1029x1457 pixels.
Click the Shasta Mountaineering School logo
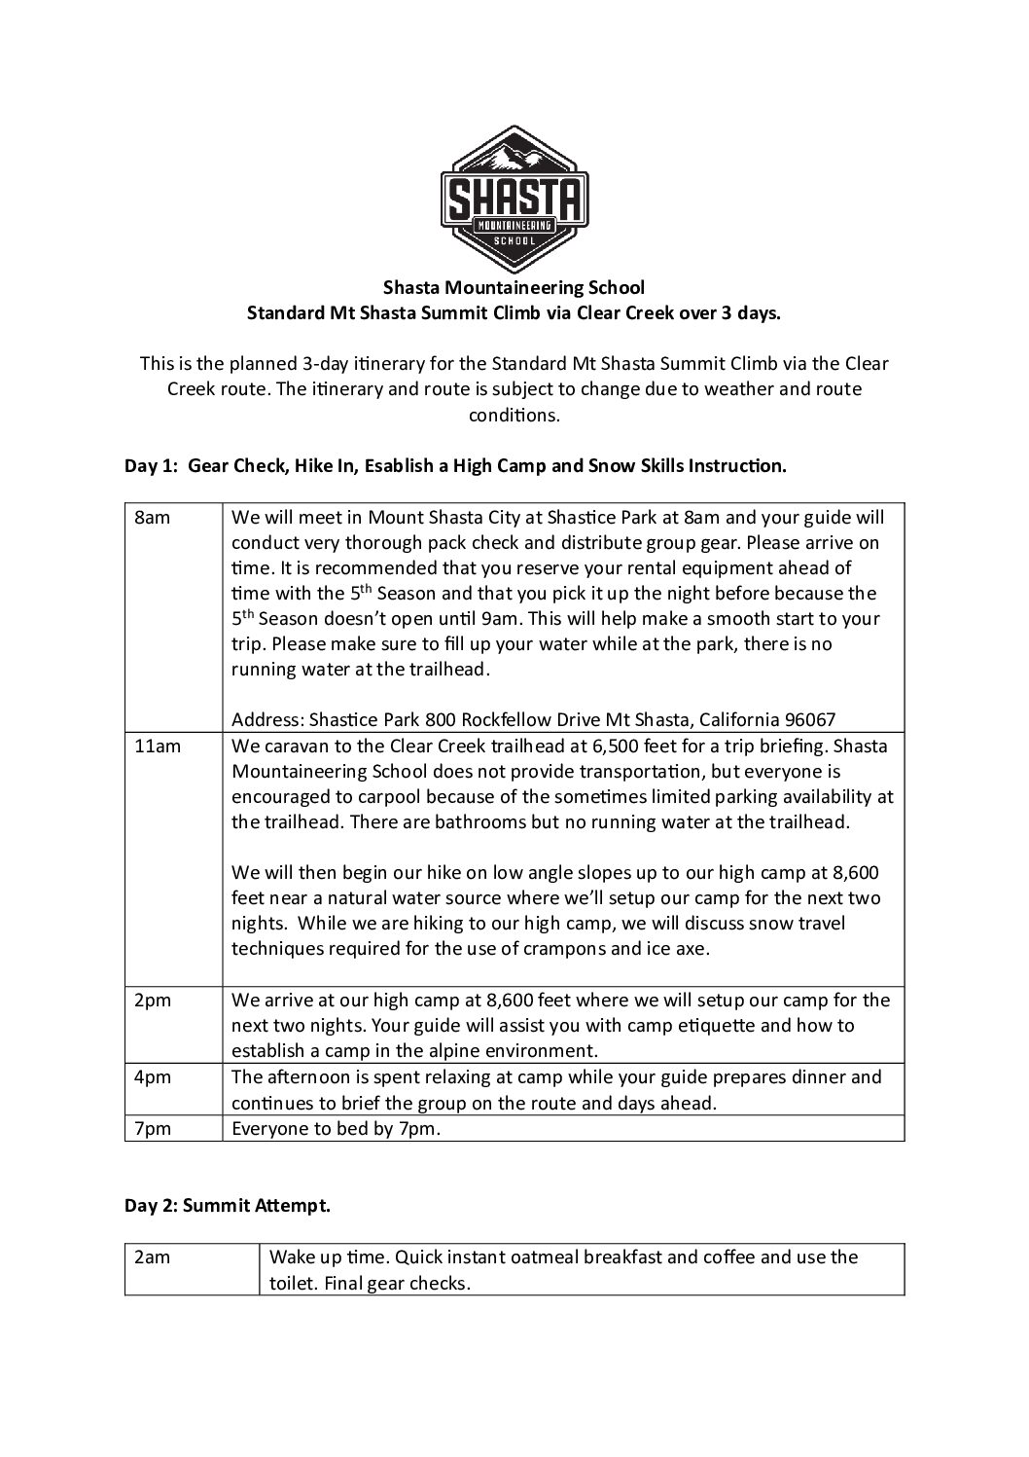[514, 200]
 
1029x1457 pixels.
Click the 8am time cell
[152, 518]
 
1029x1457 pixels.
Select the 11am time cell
[156, 746]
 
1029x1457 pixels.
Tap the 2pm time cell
[153, 1001]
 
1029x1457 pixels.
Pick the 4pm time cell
[153, 1077]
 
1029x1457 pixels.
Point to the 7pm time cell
[153, 1129]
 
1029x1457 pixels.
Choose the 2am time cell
[152, 1257]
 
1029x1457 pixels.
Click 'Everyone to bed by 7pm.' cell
[329, 1129]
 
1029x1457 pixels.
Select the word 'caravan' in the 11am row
[292, 747]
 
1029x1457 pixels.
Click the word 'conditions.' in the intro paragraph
[514, 415]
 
